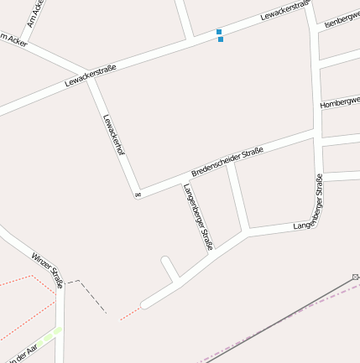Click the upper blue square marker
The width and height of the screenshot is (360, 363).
click(x=219, y=32)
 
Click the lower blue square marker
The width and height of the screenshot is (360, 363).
click(x=221, y=39)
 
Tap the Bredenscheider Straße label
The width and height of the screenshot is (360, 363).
click(x=227, y=161)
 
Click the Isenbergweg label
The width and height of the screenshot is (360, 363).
click(x=342, y=18)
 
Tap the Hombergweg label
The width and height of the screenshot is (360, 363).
click(x=340, y=103)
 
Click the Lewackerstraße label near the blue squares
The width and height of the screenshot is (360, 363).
click(x=285, y=11)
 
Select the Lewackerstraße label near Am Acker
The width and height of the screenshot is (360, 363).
click(x=90, y=76)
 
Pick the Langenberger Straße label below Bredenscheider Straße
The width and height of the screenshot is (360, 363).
click(x=198, y=216)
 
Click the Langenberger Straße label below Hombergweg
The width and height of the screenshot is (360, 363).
click(x=309, y=215)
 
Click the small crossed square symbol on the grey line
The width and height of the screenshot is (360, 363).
click(x=356, y=276)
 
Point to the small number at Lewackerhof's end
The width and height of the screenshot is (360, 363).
click(x=137, y=195)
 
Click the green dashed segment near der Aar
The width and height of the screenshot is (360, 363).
click(x=52, y=334)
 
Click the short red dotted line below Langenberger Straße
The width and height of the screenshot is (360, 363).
click(x=129, y=314)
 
